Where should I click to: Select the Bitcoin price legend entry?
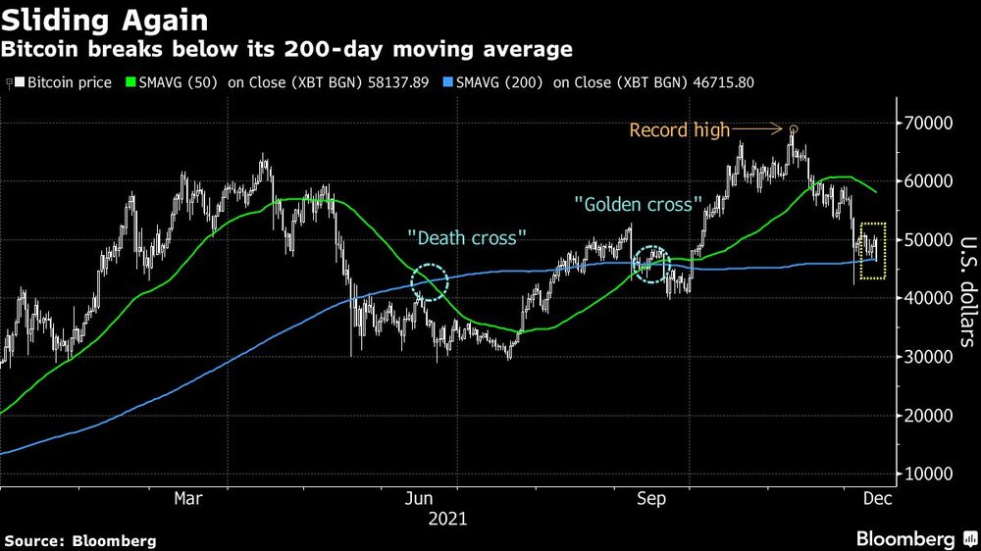tap(64, 83)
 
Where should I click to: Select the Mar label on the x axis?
tap(188, 499)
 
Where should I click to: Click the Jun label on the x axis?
tap(421, 499)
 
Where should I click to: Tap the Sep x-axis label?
tap(652, 499)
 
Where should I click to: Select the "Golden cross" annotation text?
tap(639, 205)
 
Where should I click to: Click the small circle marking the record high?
tap(794, 128)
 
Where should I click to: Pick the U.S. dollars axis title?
tap(964, 291)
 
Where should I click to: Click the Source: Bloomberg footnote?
tap(80, 540)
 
